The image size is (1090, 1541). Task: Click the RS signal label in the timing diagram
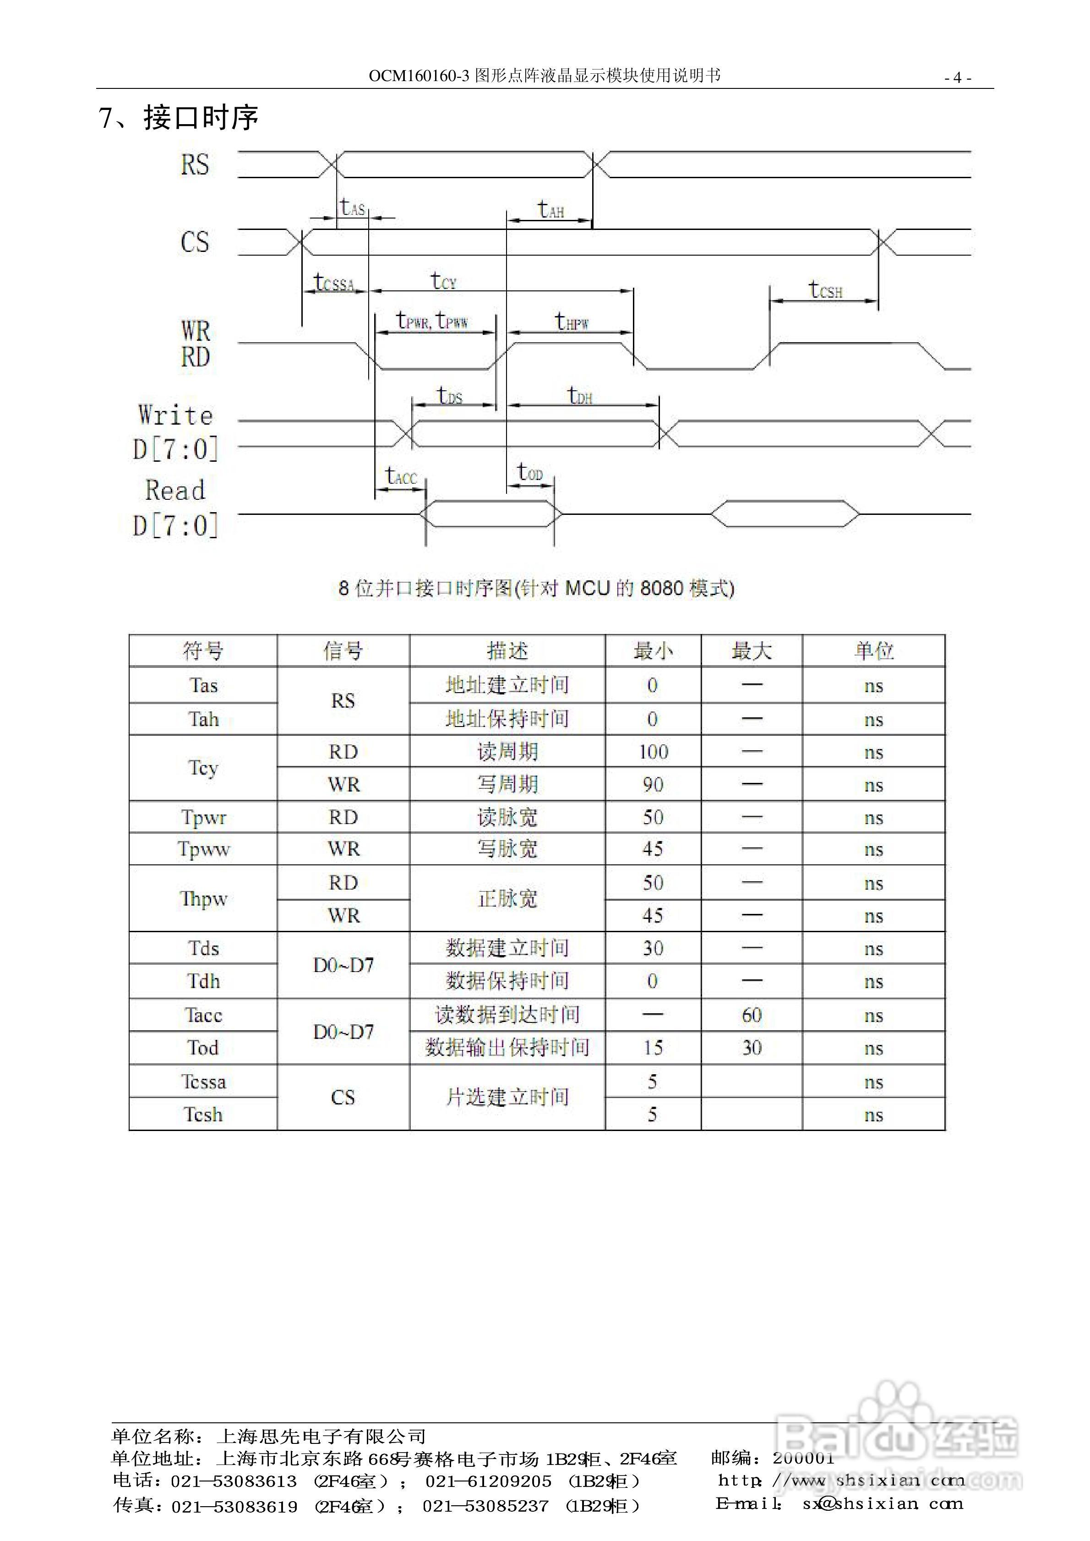195,164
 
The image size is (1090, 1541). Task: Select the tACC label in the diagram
401,476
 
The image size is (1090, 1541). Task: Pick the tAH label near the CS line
550,210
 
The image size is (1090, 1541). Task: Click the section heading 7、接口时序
179,118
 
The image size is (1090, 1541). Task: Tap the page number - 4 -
957,78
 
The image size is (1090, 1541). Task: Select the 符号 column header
203,650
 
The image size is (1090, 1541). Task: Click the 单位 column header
873,650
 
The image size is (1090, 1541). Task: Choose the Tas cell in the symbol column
203,685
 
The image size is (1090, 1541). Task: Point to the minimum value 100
653,752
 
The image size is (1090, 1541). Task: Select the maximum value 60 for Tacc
751,1015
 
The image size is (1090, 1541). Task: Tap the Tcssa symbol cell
203,1081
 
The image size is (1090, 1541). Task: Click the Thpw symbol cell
203,899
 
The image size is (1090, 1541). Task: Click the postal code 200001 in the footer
803,1459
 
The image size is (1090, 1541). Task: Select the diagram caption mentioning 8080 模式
536,589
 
